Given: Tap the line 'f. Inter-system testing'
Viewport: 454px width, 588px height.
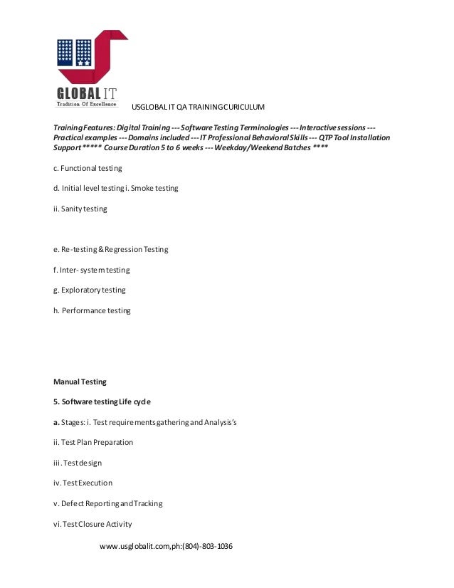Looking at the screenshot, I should point(91,270).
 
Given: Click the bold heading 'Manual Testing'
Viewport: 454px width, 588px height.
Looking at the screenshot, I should point(80,382).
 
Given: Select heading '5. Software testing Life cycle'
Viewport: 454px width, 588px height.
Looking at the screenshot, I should point(102,401).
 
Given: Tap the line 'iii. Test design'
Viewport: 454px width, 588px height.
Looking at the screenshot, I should point(82,463).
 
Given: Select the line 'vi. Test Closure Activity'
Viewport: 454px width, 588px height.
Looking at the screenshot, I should point(93,524).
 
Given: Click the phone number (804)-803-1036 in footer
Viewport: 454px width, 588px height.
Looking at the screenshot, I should point(207,546).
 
